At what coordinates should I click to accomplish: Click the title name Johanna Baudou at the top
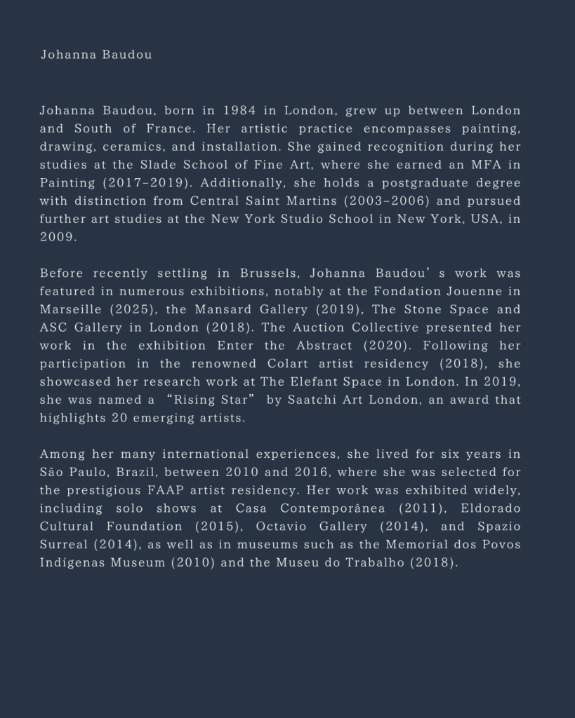(95, 55)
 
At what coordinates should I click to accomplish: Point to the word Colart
(291, 364)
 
